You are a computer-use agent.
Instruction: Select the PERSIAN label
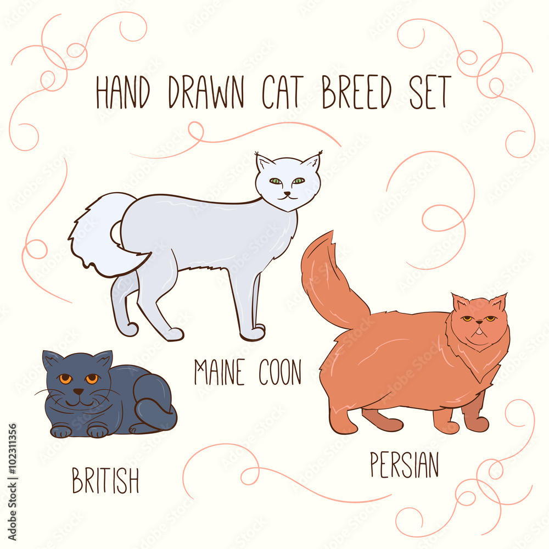(405, 464)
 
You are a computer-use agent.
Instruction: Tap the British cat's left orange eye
(65, 379)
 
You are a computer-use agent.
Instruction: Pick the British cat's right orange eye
(92, 378)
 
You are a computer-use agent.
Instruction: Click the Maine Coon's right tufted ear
(312, 163)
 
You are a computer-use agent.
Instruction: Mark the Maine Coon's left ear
(264, 163)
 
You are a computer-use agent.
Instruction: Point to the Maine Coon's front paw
(252, 333)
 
